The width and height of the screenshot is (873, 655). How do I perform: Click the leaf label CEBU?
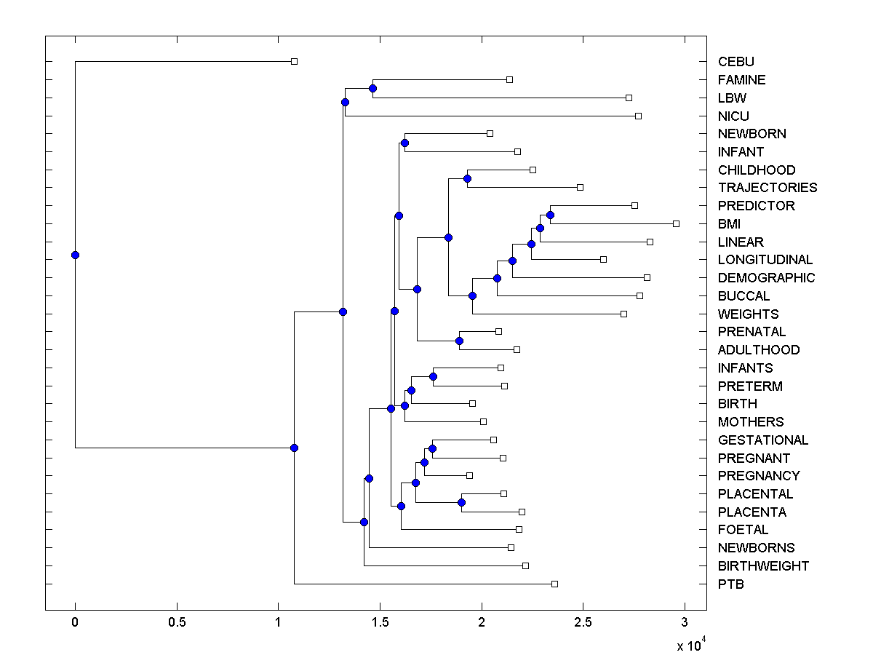pyautogui.click(x=736, y=62)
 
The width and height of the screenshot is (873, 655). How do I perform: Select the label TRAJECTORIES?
pyautogui.click(x=767, y=188)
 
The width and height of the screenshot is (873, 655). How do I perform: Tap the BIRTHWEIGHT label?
pyautogui.click(x=762, y=566)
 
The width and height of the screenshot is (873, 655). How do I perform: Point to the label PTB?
pyautogui.click(x=730, y=584)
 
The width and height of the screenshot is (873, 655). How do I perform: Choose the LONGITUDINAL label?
pyautogui.click(x=765, y=260)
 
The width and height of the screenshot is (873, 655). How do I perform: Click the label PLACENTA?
pyautogui.click(x=752, y=512)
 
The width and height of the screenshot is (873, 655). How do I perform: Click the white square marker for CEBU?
pyautogui.click(x=294, y=62)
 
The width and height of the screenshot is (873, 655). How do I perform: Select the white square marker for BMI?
pyautogui.click(x=676, y=223)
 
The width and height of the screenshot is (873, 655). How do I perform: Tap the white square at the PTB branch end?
pyautogui.click(x=554, y=584)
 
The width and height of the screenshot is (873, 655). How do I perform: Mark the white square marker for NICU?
pyautogui.click(x=638, y=116)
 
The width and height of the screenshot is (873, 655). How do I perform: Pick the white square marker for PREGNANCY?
pyautogui.click(x=469, y=475)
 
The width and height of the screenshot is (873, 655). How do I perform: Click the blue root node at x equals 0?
pyautogui.click(x=75, y=255)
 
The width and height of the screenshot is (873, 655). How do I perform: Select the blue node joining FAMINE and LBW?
pyautogui.click(x=372, y=89)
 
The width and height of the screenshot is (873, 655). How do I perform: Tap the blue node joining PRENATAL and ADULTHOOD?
pyautogui.click(x=459, y=341)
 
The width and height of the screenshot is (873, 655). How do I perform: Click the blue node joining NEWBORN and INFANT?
pyautogui.click(x=404, y=143)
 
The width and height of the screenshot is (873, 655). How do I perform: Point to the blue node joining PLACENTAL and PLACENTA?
pyautogui.click(x=461, y=503)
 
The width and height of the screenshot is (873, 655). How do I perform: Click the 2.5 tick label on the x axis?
pyautogui.click(x=583, y=623)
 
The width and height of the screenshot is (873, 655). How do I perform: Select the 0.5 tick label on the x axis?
pyautogui.click(x=177, y=623)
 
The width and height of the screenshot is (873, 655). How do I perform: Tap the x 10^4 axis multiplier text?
pyautogui.click(x=691, y=645)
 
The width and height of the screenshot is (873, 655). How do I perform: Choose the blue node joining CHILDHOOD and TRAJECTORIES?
pyautogui.click(x=467, y=178)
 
